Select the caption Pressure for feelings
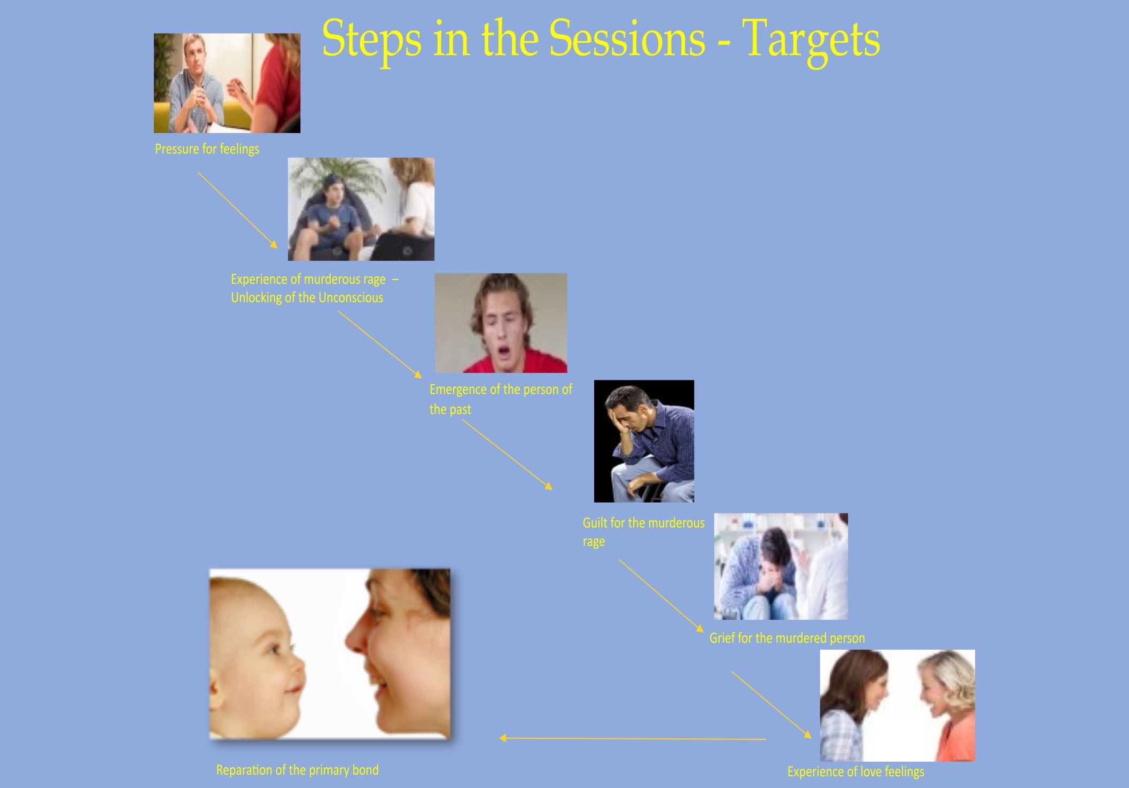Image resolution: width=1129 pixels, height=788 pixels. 207,149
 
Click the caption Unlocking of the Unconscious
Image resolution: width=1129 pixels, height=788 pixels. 307,298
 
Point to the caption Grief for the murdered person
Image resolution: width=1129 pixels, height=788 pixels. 787,638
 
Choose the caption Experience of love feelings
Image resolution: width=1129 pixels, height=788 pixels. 855,772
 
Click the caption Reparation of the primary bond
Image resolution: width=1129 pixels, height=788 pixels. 297,770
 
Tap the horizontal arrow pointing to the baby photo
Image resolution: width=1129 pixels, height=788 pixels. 633,739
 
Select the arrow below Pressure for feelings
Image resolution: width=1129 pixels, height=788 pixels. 238,210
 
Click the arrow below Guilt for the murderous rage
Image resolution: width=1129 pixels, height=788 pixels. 661,596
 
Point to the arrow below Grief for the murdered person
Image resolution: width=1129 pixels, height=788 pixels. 772,705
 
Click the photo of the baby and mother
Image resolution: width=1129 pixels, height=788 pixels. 330,654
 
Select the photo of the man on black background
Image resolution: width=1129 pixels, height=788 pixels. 644,441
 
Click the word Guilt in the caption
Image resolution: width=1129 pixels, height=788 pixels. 594,523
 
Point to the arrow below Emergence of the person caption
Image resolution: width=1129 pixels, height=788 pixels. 507,454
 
